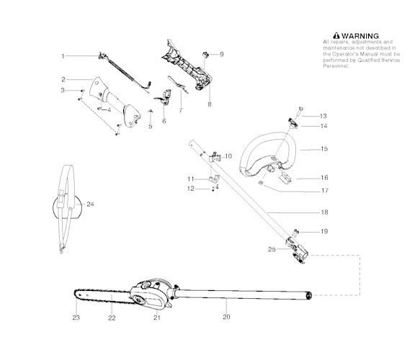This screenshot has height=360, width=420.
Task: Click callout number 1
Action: click(63, 55)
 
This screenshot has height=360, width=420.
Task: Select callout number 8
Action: click(210, 104)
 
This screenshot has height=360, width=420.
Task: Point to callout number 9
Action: click(221, 54)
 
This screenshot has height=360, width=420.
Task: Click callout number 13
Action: click(323, 116)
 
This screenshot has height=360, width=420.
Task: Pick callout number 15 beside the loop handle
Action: click(323, 150)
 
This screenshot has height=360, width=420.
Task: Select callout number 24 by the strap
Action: click(90, 204)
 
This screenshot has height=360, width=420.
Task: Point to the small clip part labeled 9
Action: click(206, 54)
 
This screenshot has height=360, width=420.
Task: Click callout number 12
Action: click(191, 189)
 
